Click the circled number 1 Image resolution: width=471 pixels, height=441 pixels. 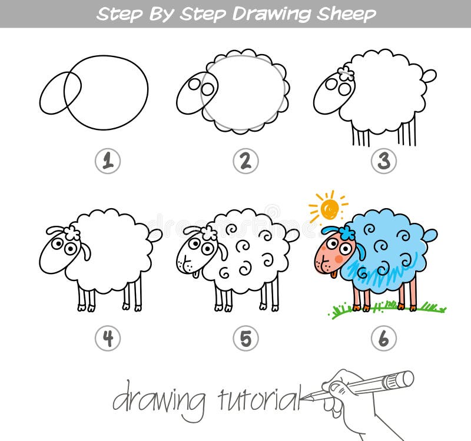click(108, 161)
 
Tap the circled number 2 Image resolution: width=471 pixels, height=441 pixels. click(246, 161)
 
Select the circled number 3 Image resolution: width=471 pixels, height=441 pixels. click(384, 161)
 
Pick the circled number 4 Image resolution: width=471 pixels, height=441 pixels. click(108, 338)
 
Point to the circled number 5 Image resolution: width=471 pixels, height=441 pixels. click(246, 338)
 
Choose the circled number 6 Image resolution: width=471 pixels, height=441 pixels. click(384, 338)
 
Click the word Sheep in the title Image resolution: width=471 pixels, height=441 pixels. click(346, 14)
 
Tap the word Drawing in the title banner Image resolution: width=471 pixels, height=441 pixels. click(272, 14)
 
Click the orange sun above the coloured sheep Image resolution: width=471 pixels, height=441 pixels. click(329, 208)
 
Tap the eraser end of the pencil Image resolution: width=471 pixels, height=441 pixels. click(406, 379)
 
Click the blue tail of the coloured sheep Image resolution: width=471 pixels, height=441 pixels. click(431, 235)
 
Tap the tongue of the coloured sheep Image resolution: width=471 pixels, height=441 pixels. click(334, 275)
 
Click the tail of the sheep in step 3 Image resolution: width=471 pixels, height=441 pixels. click(430, 76)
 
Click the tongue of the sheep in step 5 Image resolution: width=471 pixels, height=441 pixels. click(196, 275)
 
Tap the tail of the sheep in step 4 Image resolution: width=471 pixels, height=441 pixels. click(155, 235)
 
